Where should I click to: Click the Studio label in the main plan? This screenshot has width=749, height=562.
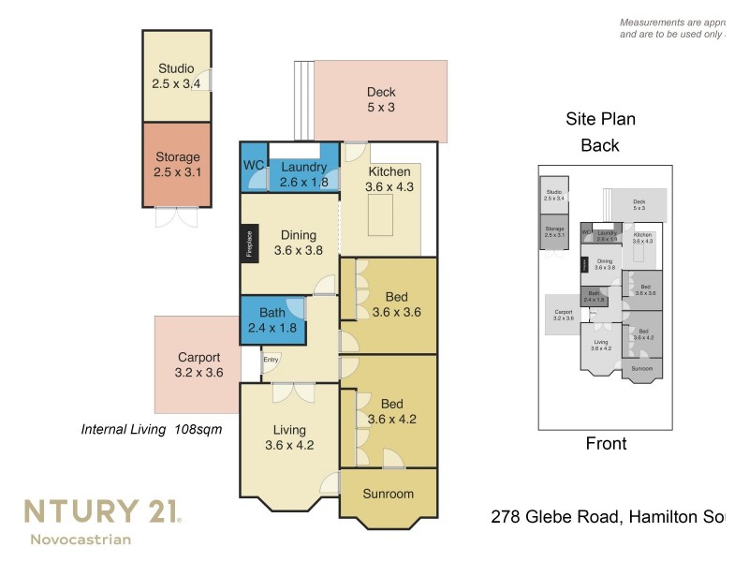pyautogui.click(x=176, y=76)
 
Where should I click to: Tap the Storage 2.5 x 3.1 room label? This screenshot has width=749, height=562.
pyautogui.click(x=176, y=165)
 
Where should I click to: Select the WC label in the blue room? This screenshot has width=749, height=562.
pyautogui.click(x=254, y=166)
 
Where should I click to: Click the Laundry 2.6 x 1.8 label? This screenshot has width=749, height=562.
pyautogui.click(x=303, y=174)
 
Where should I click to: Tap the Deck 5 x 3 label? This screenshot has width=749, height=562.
pyautogui.click(x=381, y=99)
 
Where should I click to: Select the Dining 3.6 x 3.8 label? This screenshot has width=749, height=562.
pyautogui.click(x=297, y=243)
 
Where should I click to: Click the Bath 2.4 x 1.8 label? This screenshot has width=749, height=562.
pyautogui.click(x=272, y=320)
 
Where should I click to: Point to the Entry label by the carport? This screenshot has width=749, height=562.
pyautogui.click(x=271, y=359)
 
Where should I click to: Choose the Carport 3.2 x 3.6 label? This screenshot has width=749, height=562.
pyautogui.click(x=198, y=364)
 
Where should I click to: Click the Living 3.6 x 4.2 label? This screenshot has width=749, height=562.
pyautogui.click(x=289, y=437)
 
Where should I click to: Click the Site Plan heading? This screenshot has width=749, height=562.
pyautogui.click(x=600, y=119)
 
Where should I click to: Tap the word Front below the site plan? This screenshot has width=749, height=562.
pyautogui.click(x=606, y=443)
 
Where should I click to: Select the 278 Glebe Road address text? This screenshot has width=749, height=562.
pyautogui.click(x=609, y=516)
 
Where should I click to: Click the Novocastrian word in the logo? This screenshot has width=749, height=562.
pyautogui.click(x=81, y=539)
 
